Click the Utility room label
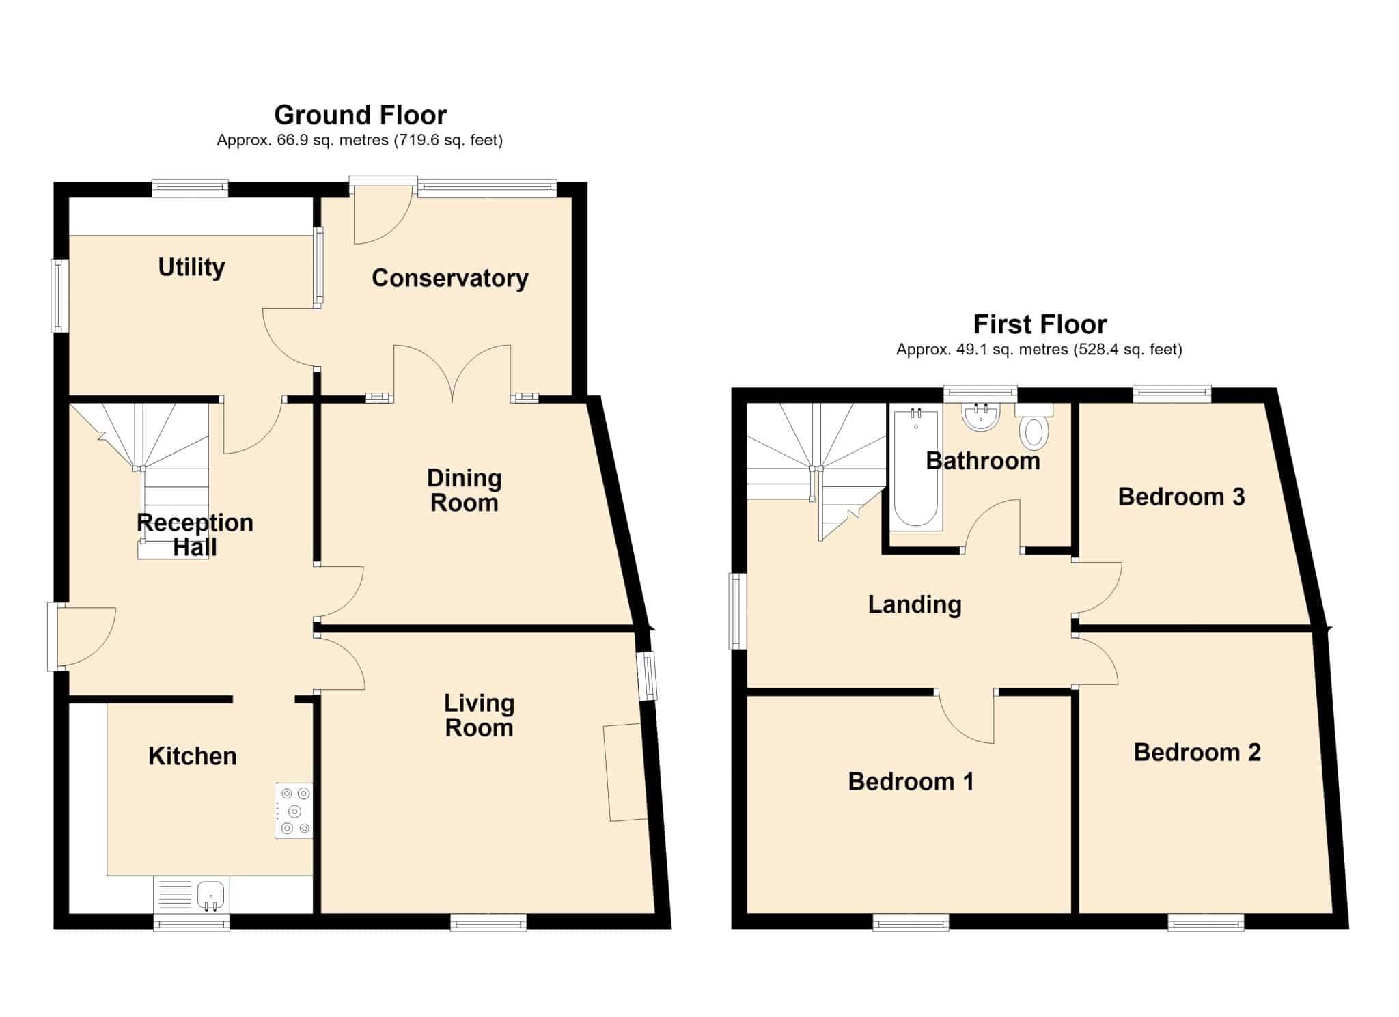(191, 267)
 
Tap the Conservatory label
(450, 278)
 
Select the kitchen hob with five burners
(294, 811)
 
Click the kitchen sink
(211, 895)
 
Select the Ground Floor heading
(361, 115)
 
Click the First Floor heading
(1040, 324)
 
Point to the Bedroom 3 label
(1181, 497)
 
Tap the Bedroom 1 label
(911, 781)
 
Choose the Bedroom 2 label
(1197, 752)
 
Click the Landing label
(915, 604)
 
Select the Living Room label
(479, 715)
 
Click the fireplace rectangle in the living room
(625, 772)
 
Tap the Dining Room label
(465, 490)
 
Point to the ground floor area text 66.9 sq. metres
(333, 141)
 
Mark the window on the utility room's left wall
(61, 296)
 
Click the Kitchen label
(193, 756)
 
